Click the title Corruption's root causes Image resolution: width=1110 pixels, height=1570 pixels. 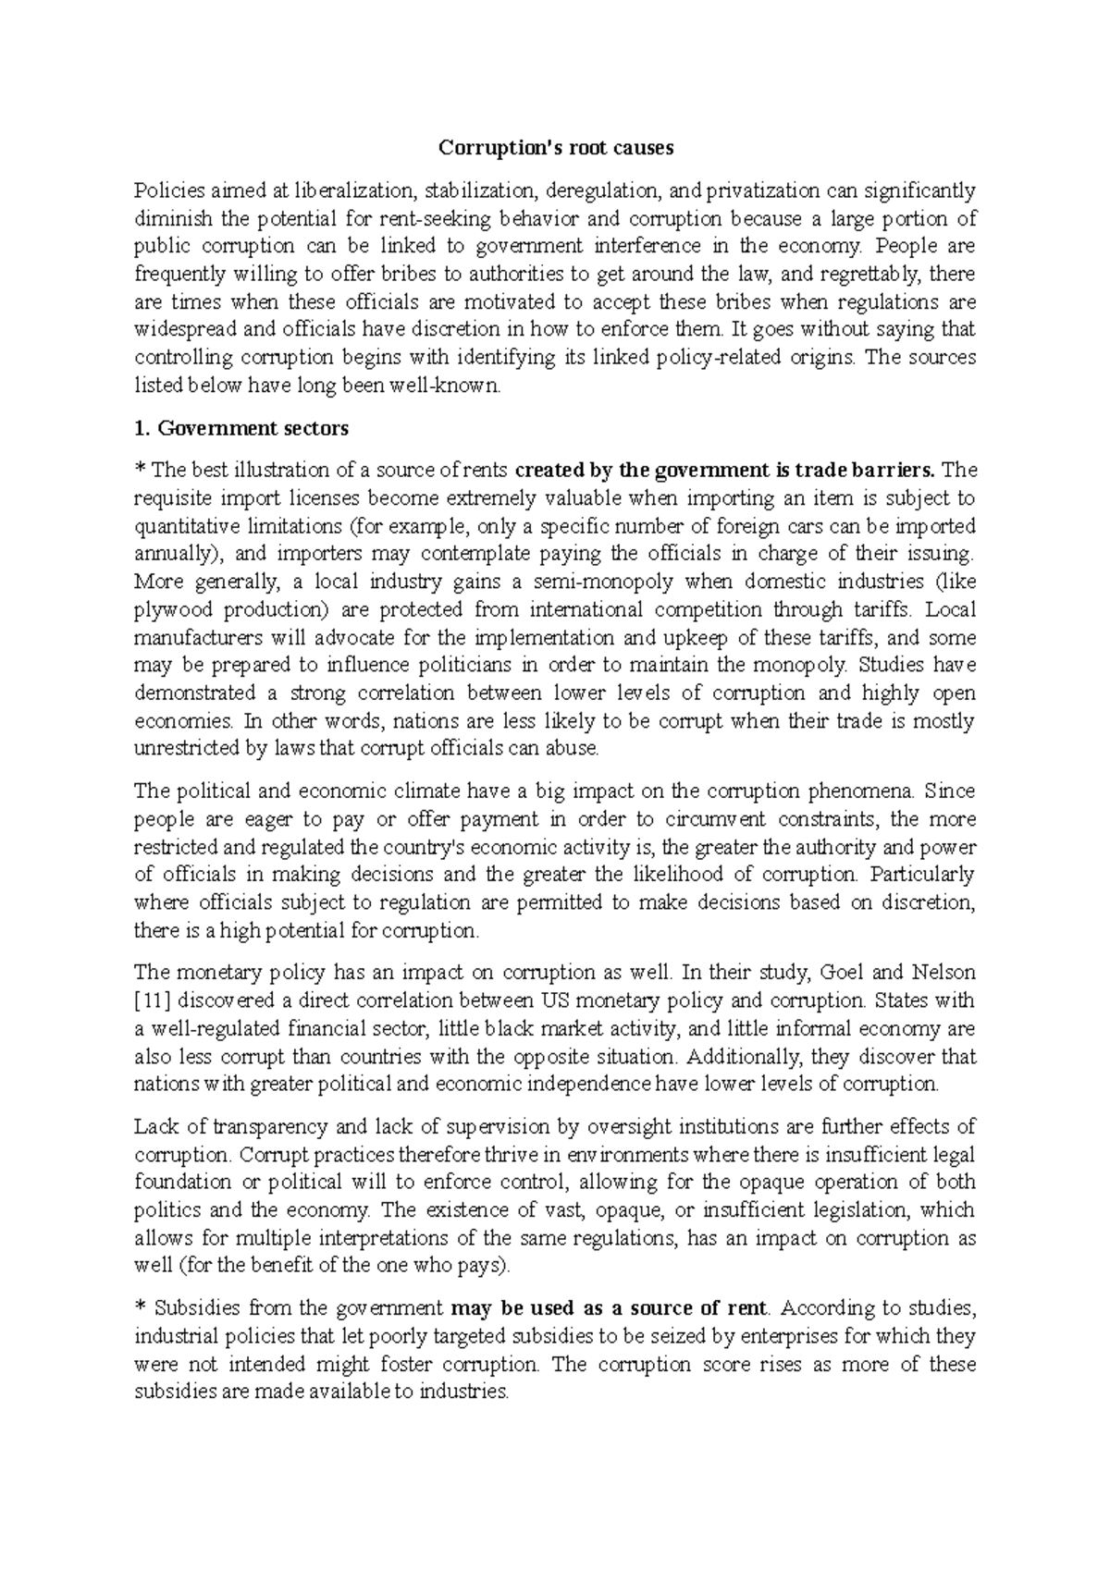click(555, 148)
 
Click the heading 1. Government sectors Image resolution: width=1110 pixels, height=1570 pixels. click(241, 428)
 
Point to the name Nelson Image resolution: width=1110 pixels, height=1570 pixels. click(944, 973)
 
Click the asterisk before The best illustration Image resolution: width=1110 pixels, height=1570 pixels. click(141, 471)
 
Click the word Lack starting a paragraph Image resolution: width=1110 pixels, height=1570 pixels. click(154, 1126)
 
